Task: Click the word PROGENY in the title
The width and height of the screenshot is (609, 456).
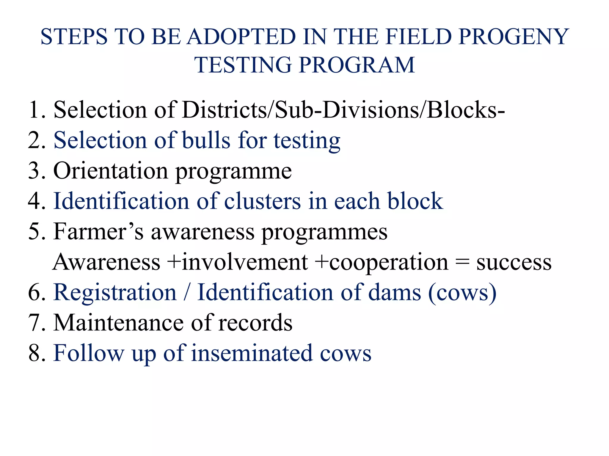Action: tap(514, 37)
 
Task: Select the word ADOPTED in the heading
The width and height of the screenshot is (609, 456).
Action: tap(241, 37)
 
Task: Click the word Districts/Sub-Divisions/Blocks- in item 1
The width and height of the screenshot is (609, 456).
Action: tap(343, 110)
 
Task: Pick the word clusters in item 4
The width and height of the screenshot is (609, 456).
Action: tap(262, 201)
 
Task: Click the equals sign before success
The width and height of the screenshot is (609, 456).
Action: tap(462, 262)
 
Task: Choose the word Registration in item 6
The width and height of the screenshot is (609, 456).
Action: tap(115, 292)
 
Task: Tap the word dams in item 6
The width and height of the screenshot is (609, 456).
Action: tap(395, 292)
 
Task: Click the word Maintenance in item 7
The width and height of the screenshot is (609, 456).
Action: tap(118, 323)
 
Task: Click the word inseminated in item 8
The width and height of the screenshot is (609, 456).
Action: tap(252, 353)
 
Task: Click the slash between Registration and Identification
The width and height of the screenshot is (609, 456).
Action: tap(187, 292)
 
